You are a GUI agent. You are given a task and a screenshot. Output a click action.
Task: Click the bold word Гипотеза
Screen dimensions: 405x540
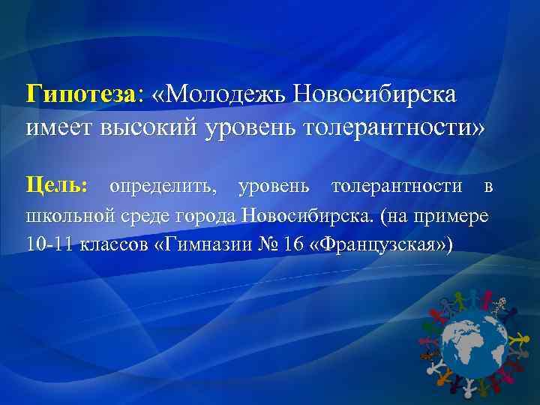pos(79,97)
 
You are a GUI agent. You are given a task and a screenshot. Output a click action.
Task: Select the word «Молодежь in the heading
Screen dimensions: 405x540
pos(218,97)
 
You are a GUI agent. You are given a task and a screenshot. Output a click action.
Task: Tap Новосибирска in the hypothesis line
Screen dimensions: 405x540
pos(374,97)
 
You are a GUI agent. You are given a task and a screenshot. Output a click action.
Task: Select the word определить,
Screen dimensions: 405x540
pos(160,185)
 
